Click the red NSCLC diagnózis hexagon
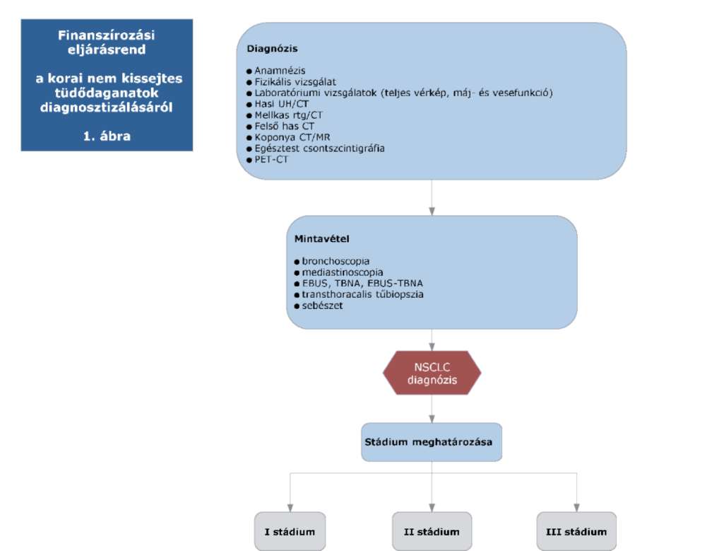point(432,373)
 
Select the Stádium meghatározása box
point(432,442)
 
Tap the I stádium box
point(290,531)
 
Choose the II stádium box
point(432,531)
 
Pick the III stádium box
point(576,531)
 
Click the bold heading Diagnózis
point(273,49)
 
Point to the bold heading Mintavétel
point(322,238)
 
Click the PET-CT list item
point(271,160)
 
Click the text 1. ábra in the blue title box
point(107,136)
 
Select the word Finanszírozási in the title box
point(106,35)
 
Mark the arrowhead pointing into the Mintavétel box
point(432,211)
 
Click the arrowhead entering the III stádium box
point(576,508)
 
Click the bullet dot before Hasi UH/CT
point(249,105)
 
